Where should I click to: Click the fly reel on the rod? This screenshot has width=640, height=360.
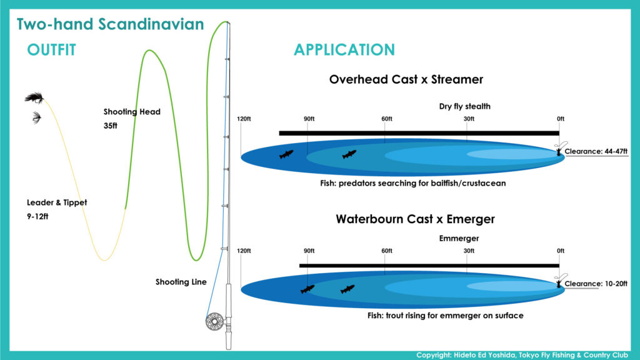pyautogui.click(x=215, y=321)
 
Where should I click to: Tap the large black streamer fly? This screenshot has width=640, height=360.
pyautogui.click(x=35, y=98)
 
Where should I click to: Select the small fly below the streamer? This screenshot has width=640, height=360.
pyautogui.click(x=37, y=117)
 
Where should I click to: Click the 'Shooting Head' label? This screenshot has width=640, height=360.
pyautogui.click(x=132, y=112)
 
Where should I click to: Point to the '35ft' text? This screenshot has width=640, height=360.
pyautogui.click(x=110, y=126)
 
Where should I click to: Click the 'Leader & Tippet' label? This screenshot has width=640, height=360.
pyautogui.click(x=57, y=202)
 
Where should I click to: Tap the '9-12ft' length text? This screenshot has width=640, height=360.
pyautogui.click(x=37, y=216)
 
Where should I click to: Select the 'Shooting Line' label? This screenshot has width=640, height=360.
pyautogui.click(x=181, y=282)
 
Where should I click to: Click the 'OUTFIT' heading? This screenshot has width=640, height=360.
pyautogui.click(x=51, y=50)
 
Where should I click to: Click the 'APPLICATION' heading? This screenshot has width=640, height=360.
pyautogui.click(x=344, y=50)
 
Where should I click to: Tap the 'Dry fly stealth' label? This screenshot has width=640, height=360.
pyautogui.click(x=464, y=106)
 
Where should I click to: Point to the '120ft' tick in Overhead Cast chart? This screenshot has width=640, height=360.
pyautogui.click(x=244, y=119)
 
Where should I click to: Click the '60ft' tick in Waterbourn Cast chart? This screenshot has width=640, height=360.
pyautogui.click(x=386, y=251)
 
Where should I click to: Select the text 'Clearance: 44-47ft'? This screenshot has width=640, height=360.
pyautogui.click(x=596, y=151)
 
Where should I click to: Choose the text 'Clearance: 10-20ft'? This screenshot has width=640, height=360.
pyautogui.click(x=596, y=284)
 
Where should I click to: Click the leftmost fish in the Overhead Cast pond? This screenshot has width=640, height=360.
pyautogui.click(x=286, y=154)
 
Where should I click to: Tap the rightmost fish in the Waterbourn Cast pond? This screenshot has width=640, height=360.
pyautogui.click(x=347, y=289)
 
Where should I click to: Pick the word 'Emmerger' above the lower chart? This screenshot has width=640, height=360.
pyautogui.click(x=459, y=238)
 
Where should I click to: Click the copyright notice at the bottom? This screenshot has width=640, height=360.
pyautogui.click(x=522, y=355)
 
